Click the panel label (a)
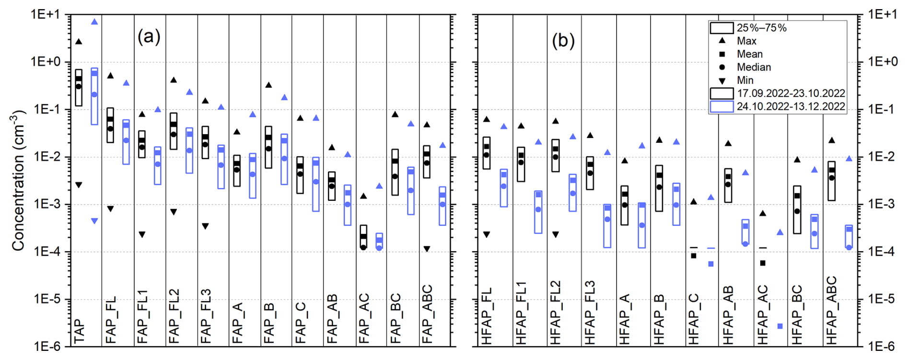tap(149, 36)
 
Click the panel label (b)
tap(563, 41)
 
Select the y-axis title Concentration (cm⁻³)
tap(18, 180)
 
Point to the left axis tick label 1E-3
tap(47, 204)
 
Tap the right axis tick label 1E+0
tap(883, 62)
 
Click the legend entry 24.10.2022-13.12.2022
tap(791, 106)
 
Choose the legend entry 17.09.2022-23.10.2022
tap(791, 93)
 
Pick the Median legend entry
tap(754, 67)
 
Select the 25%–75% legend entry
tap(761, 28)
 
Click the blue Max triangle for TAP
tap(94, 22)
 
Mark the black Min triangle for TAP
tap(79, 185)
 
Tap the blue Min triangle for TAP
tap(94, 221)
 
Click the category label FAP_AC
tap(364, 318)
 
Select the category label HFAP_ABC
tap(831, 310)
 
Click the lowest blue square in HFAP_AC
tap(780, 326)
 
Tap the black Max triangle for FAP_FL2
tap(174, 80)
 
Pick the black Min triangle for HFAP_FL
tap(487, 234)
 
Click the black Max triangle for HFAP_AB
tap(728, 143)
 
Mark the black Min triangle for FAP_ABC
tap(427, 249)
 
